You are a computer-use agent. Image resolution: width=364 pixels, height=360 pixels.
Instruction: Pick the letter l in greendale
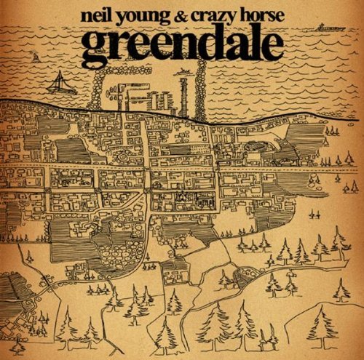[251, 41]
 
